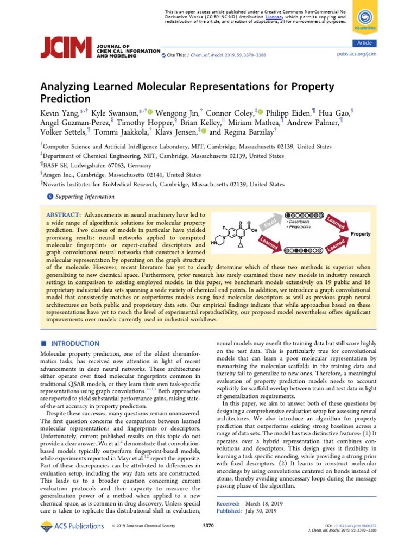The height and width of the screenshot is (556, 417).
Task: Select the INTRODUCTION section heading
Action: coord(75,344)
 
